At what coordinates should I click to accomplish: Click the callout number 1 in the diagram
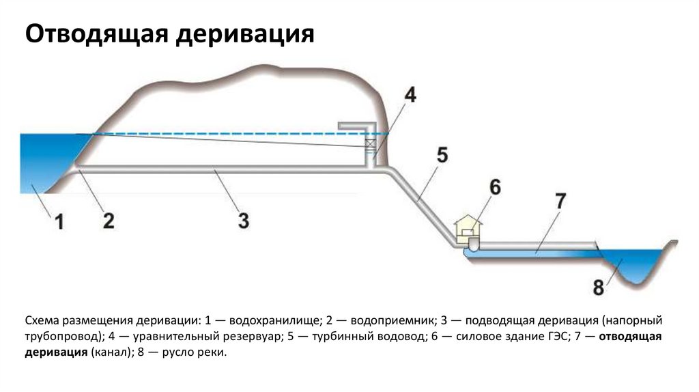(x=59, y=223)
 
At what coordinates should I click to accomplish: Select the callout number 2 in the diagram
(x=109, y=220)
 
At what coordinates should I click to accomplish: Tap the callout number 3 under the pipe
(x=244, y=220)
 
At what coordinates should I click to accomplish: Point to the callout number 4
(x=408, y=95)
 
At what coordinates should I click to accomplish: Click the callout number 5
(x=442, y=156)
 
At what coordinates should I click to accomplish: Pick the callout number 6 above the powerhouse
(x=495, y=186)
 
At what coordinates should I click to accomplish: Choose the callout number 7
(x=560, y=201)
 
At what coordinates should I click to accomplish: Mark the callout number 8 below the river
(x=598, y=288)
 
